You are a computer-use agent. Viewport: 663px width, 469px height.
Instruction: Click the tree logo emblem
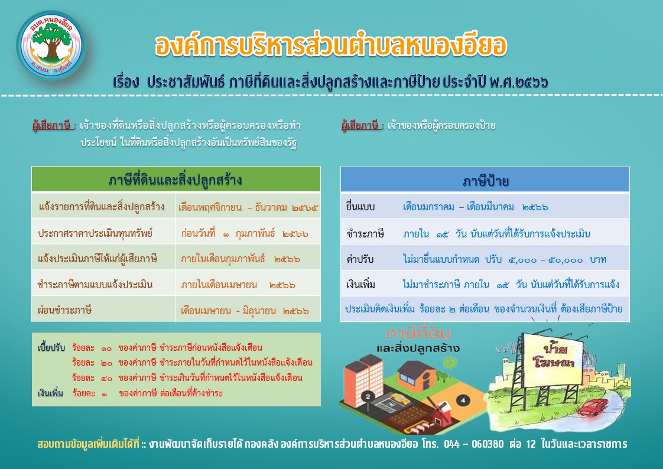tap(51, 45)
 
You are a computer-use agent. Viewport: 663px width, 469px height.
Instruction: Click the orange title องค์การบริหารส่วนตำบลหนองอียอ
tap(331, 45)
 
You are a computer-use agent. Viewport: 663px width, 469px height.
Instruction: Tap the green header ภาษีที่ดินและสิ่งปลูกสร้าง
tap(176, 180)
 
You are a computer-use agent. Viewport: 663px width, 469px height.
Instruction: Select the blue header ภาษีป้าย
tap(485, 180)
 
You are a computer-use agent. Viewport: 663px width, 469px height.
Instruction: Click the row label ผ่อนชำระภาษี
tap(64, 310)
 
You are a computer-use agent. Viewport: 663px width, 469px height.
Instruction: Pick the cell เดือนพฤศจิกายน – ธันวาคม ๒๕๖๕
tap(248, 207)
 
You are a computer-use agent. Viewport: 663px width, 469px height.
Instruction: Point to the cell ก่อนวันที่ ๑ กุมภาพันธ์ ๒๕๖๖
tap(245, 233)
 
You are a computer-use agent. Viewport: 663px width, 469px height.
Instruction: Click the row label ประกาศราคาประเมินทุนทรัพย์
tap(95, 233)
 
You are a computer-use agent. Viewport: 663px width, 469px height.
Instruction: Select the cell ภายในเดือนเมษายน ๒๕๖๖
tap(238, 285)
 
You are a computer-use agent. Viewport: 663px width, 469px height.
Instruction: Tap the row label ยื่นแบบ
tap(360, 207)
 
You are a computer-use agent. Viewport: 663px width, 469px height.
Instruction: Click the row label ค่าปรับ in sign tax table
tap(360, 259)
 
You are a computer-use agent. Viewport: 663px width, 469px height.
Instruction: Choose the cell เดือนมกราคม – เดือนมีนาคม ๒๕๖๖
tap(475, 207)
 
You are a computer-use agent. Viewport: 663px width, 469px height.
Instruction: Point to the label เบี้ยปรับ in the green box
tap(51, 348)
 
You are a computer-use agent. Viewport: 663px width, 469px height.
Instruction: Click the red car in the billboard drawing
tap(592, 408)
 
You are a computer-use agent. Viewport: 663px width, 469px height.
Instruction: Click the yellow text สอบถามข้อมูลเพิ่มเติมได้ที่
tap(88, 444)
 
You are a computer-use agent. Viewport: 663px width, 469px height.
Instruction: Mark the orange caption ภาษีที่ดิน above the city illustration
tap(418, 334)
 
